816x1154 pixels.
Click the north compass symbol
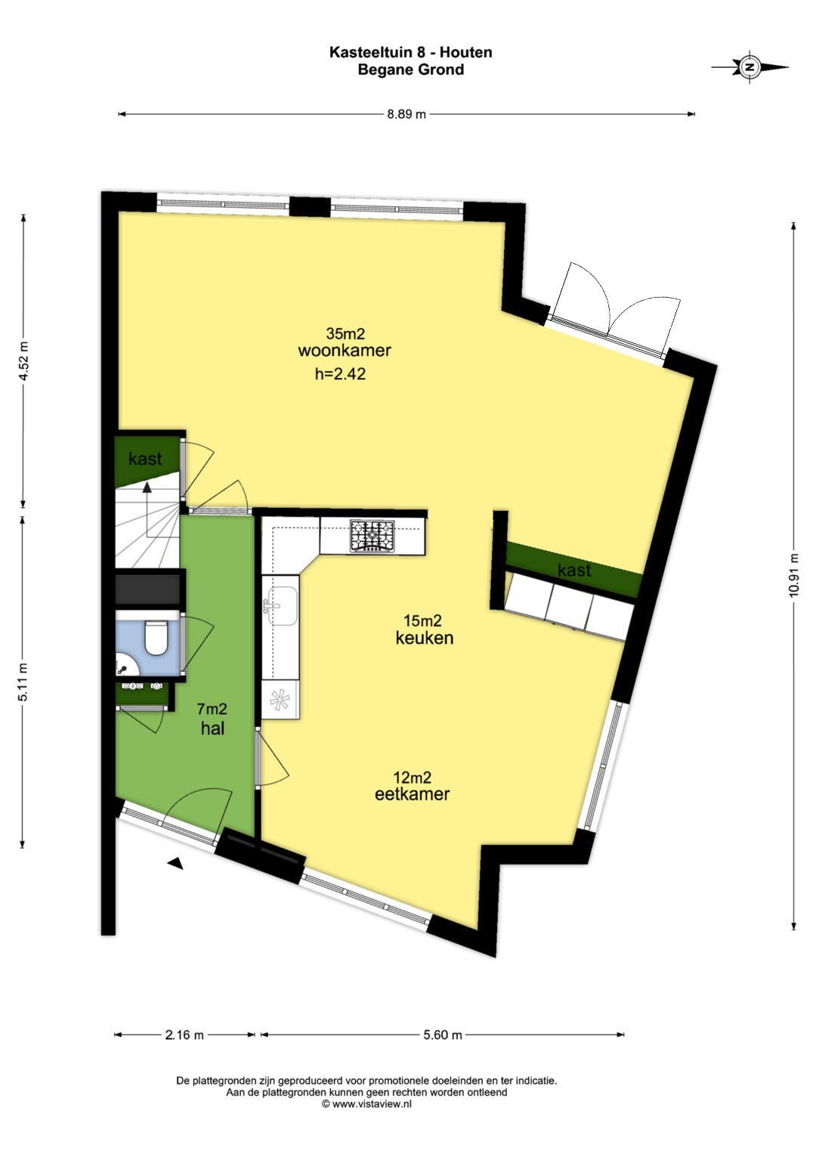[750, 67]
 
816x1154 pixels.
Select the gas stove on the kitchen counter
[372, 536]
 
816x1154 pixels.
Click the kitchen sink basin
[280, 606]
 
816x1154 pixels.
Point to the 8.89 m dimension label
[406, 114]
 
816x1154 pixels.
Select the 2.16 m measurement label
[184, 1035]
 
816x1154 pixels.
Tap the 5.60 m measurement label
[443, 1035]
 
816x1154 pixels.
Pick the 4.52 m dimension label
[23, 360]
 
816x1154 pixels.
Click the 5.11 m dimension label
[23, 682]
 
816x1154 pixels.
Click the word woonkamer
[345, 351]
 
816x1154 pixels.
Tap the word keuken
[425, 638]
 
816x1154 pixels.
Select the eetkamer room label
[412, 794]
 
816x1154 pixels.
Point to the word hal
[213, 729]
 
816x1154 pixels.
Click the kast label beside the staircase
[145, 459]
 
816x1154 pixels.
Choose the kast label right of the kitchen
[574, 571]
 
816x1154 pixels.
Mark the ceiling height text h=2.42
[341, 373]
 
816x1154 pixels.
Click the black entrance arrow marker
[176, 864]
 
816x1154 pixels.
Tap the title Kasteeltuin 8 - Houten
[410, 52]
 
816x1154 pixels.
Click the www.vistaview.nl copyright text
[366, 1104]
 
